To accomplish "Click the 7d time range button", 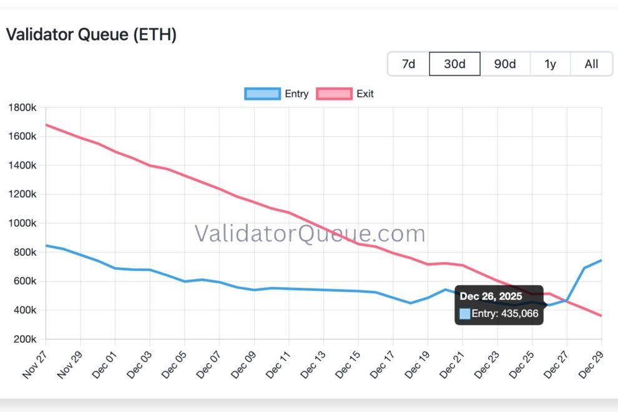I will coord(409,64).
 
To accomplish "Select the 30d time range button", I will coord(454,64).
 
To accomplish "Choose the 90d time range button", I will coord(505,64).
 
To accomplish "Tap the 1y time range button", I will coord(550,64).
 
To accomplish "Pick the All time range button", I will coord(591,64).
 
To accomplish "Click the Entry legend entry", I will coord(277,94).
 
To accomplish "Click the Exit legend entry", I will coord(345,94).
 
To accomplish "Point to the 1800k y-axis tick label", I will coord(23,107).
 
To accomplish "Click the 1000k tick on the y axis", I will coord(23,223).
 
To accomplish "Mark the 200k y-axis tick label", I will coord(26,339).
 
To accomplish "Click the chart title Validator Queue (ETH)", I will coord(91,35).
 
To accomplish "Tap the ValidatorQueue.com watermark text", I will coord(310,234).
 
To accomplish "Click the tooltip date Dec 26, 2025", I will coord(491,297).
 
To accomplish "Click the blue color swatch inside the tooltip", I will coord(464,313).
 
